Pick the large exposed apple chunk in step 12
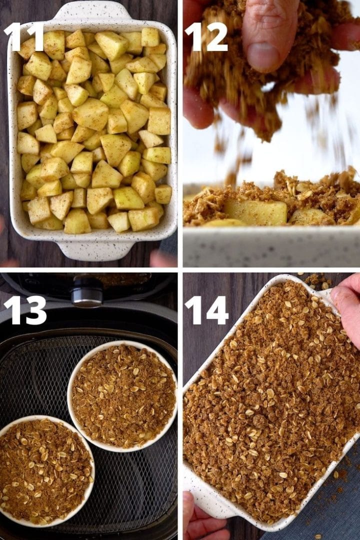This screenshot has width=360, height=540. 255,212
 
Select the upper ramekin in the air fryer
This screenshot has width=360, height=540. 122,395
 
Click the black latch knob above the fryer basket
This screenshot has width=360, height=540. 87,291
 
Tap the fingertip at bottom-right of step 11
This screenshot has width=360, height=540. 162,258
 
